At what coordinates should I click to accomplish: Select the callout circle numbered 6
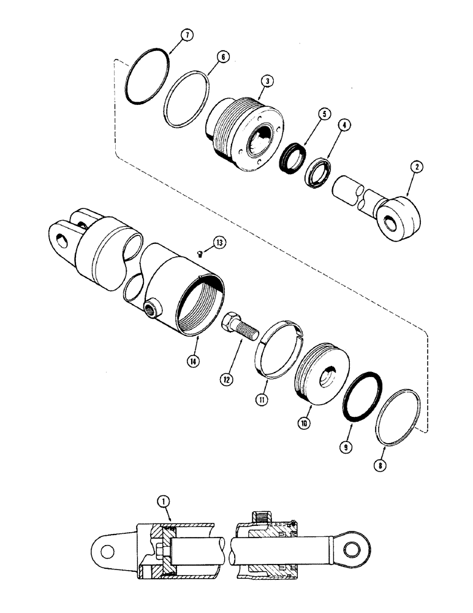click(x=224, y=56)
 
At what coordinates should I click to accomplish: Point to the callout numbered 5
click(x=325, y=113)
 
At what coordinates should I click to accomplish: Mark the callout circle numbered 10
click(x=305, y=423)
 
